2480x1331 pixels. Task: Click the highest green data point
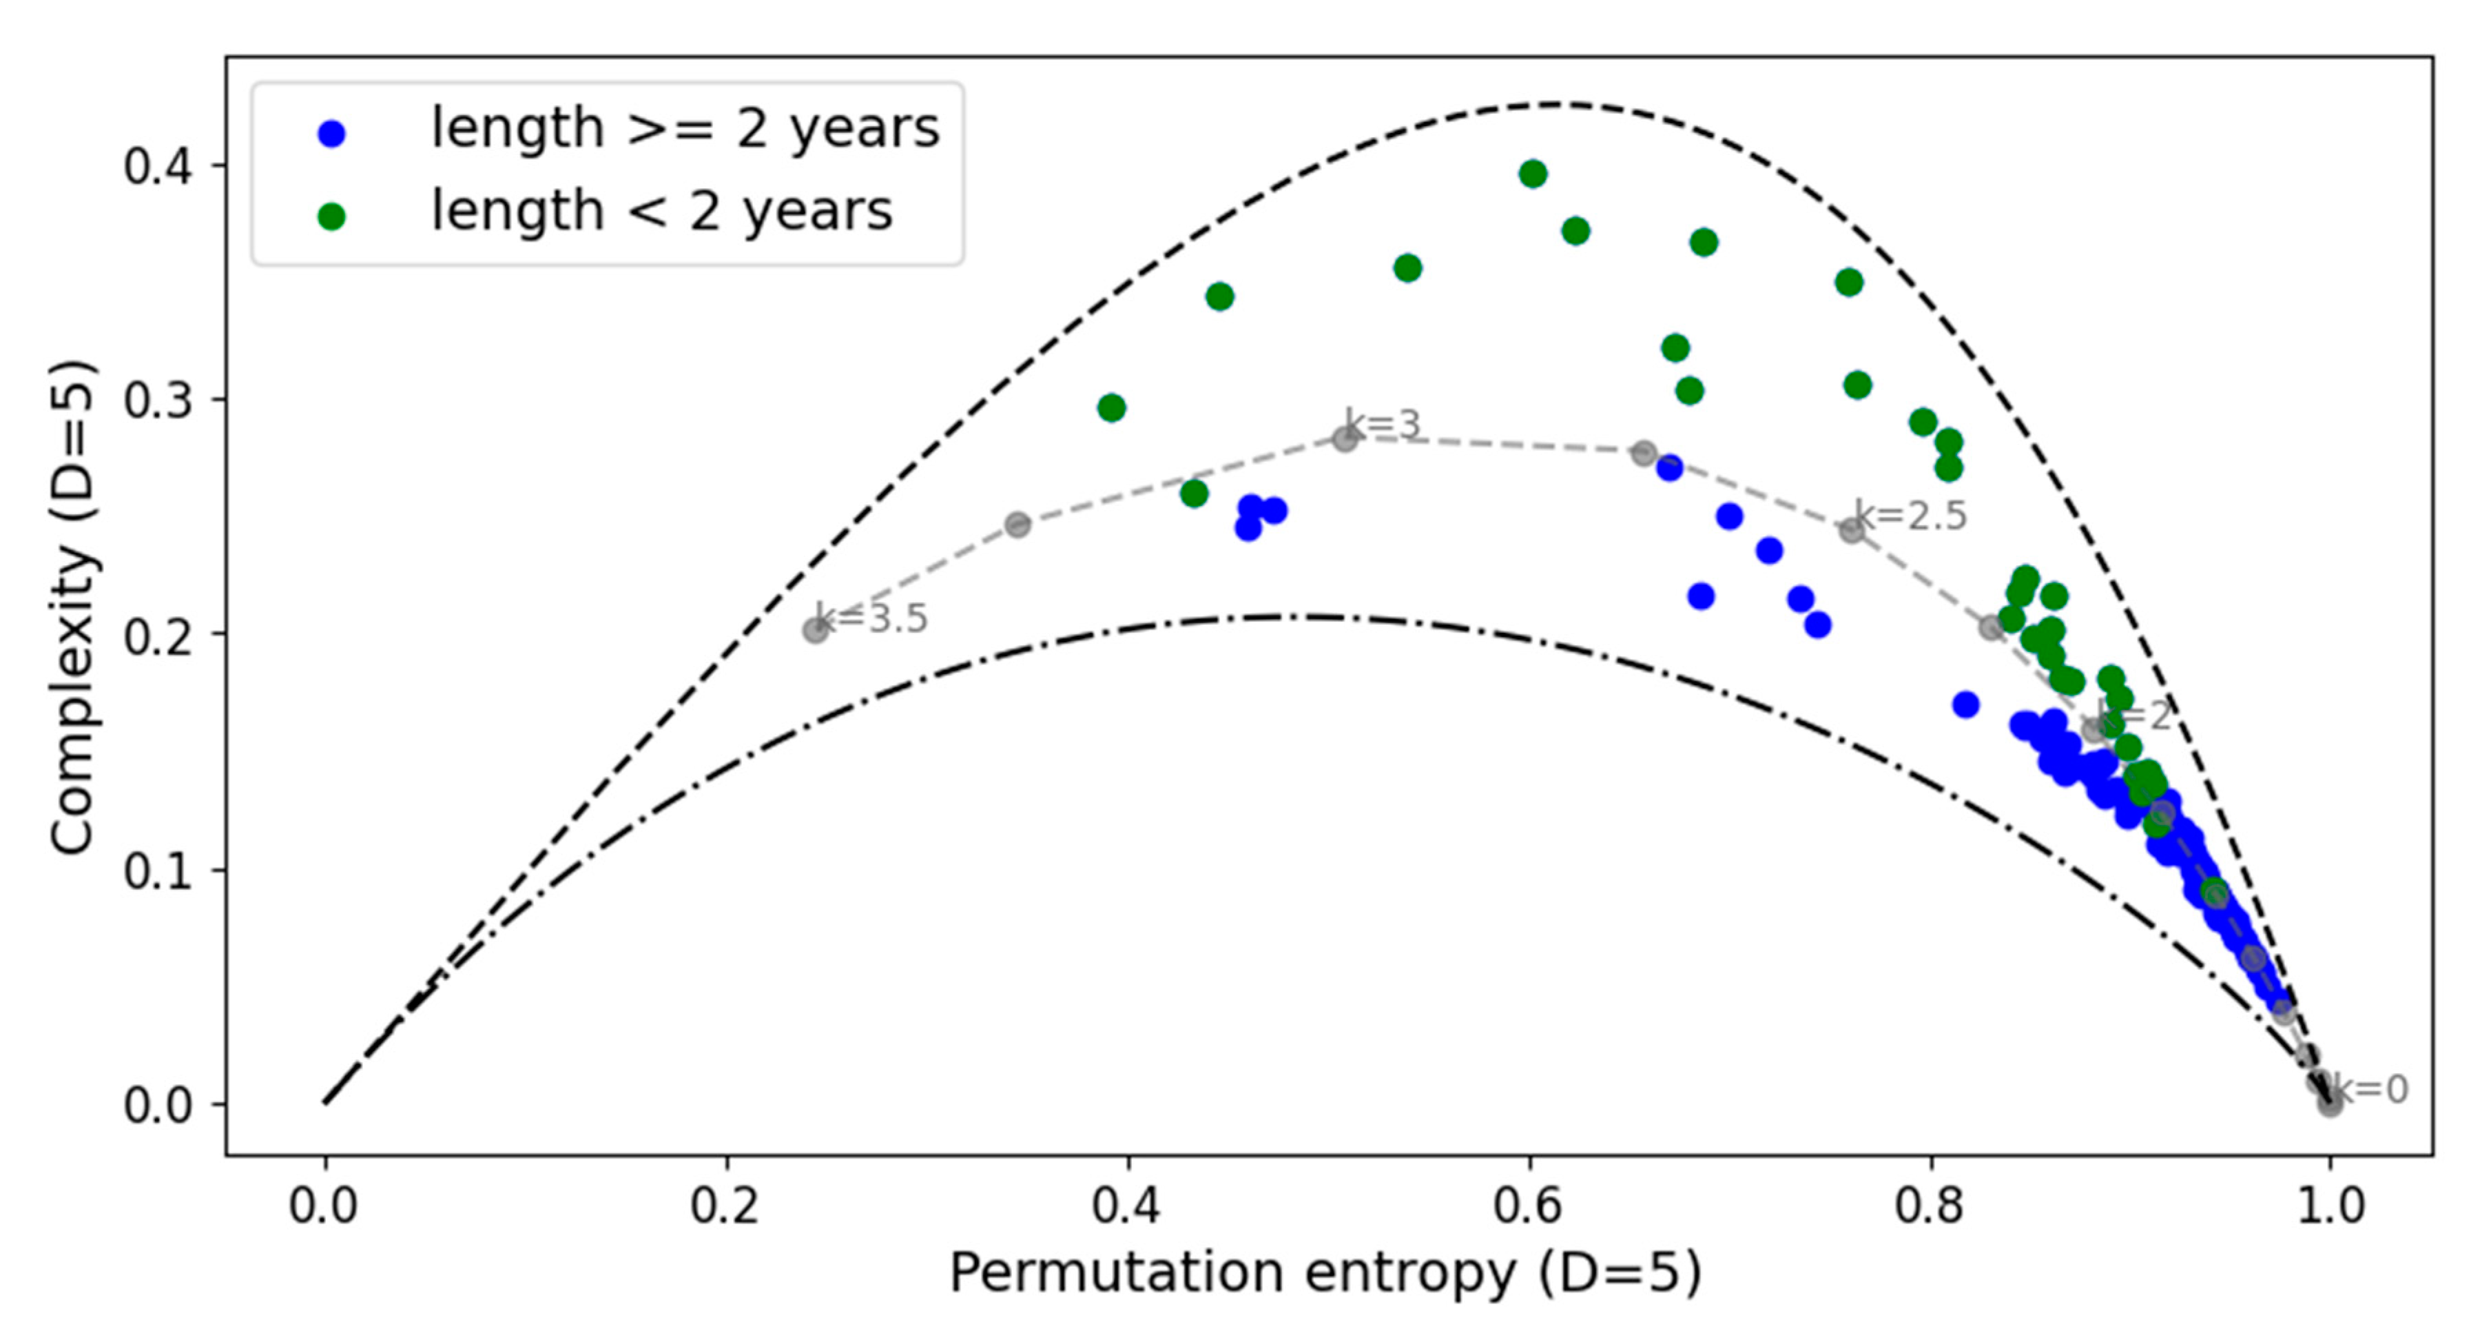(x=1533, y=174)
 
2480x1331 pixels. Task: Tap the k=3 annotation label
(x=1383, y=425)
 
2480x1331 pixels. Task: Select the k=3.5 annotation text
(x=871, y=618)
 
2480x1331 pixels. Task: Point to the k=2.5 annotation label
(x=1911, y=516)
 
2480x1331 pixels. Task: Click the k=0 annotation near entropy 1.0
(x=2370, y=1089)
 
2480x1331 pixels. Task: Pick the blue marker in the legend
(x=331, y=134)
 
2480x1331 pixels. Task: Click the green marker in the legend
(x=331, y=216)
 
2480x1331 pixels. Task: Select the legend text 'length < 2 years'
(x=661, y=211)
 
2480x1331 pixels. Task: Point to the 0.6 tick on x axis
(x=1529, y=1206)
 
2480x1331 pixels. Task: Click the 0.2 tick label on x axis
(x=725, y=1206)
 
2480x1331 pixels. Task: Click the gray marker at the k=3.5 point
(x=816, y=631)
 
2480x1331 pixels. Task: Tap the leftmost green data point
(x=1111, y=408)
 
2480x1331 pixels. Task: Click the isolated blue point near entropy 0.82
(x=1966, y=705)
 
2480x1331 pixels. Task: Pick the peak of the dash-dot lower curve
(x=1300, y=616)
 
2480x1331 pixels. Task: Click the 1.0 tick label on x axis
(x=2331, y=1206)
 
